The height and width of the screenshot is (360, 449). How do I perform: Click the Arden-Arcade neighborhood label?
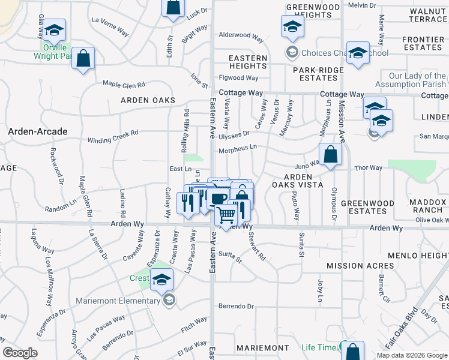point(37,131)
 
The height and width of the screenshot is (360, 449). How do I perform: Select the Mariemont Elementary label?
point(119,301)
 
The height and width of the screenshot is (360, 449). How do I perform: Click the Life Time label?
point(319,347)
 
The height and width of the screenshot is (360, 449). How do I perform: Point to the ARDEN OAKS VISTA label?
point(298,181)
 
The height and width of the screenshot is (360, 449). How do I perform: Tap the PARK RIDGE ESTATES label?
point(318,74)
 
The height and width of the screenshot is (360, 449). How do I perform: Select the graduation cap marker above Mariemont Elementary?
point(161,280)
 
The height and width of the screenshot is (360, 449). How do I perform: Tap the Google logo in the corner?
point(20,353)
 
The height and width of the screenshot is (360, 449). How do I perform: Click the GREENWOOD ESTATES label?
point(364,207)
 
